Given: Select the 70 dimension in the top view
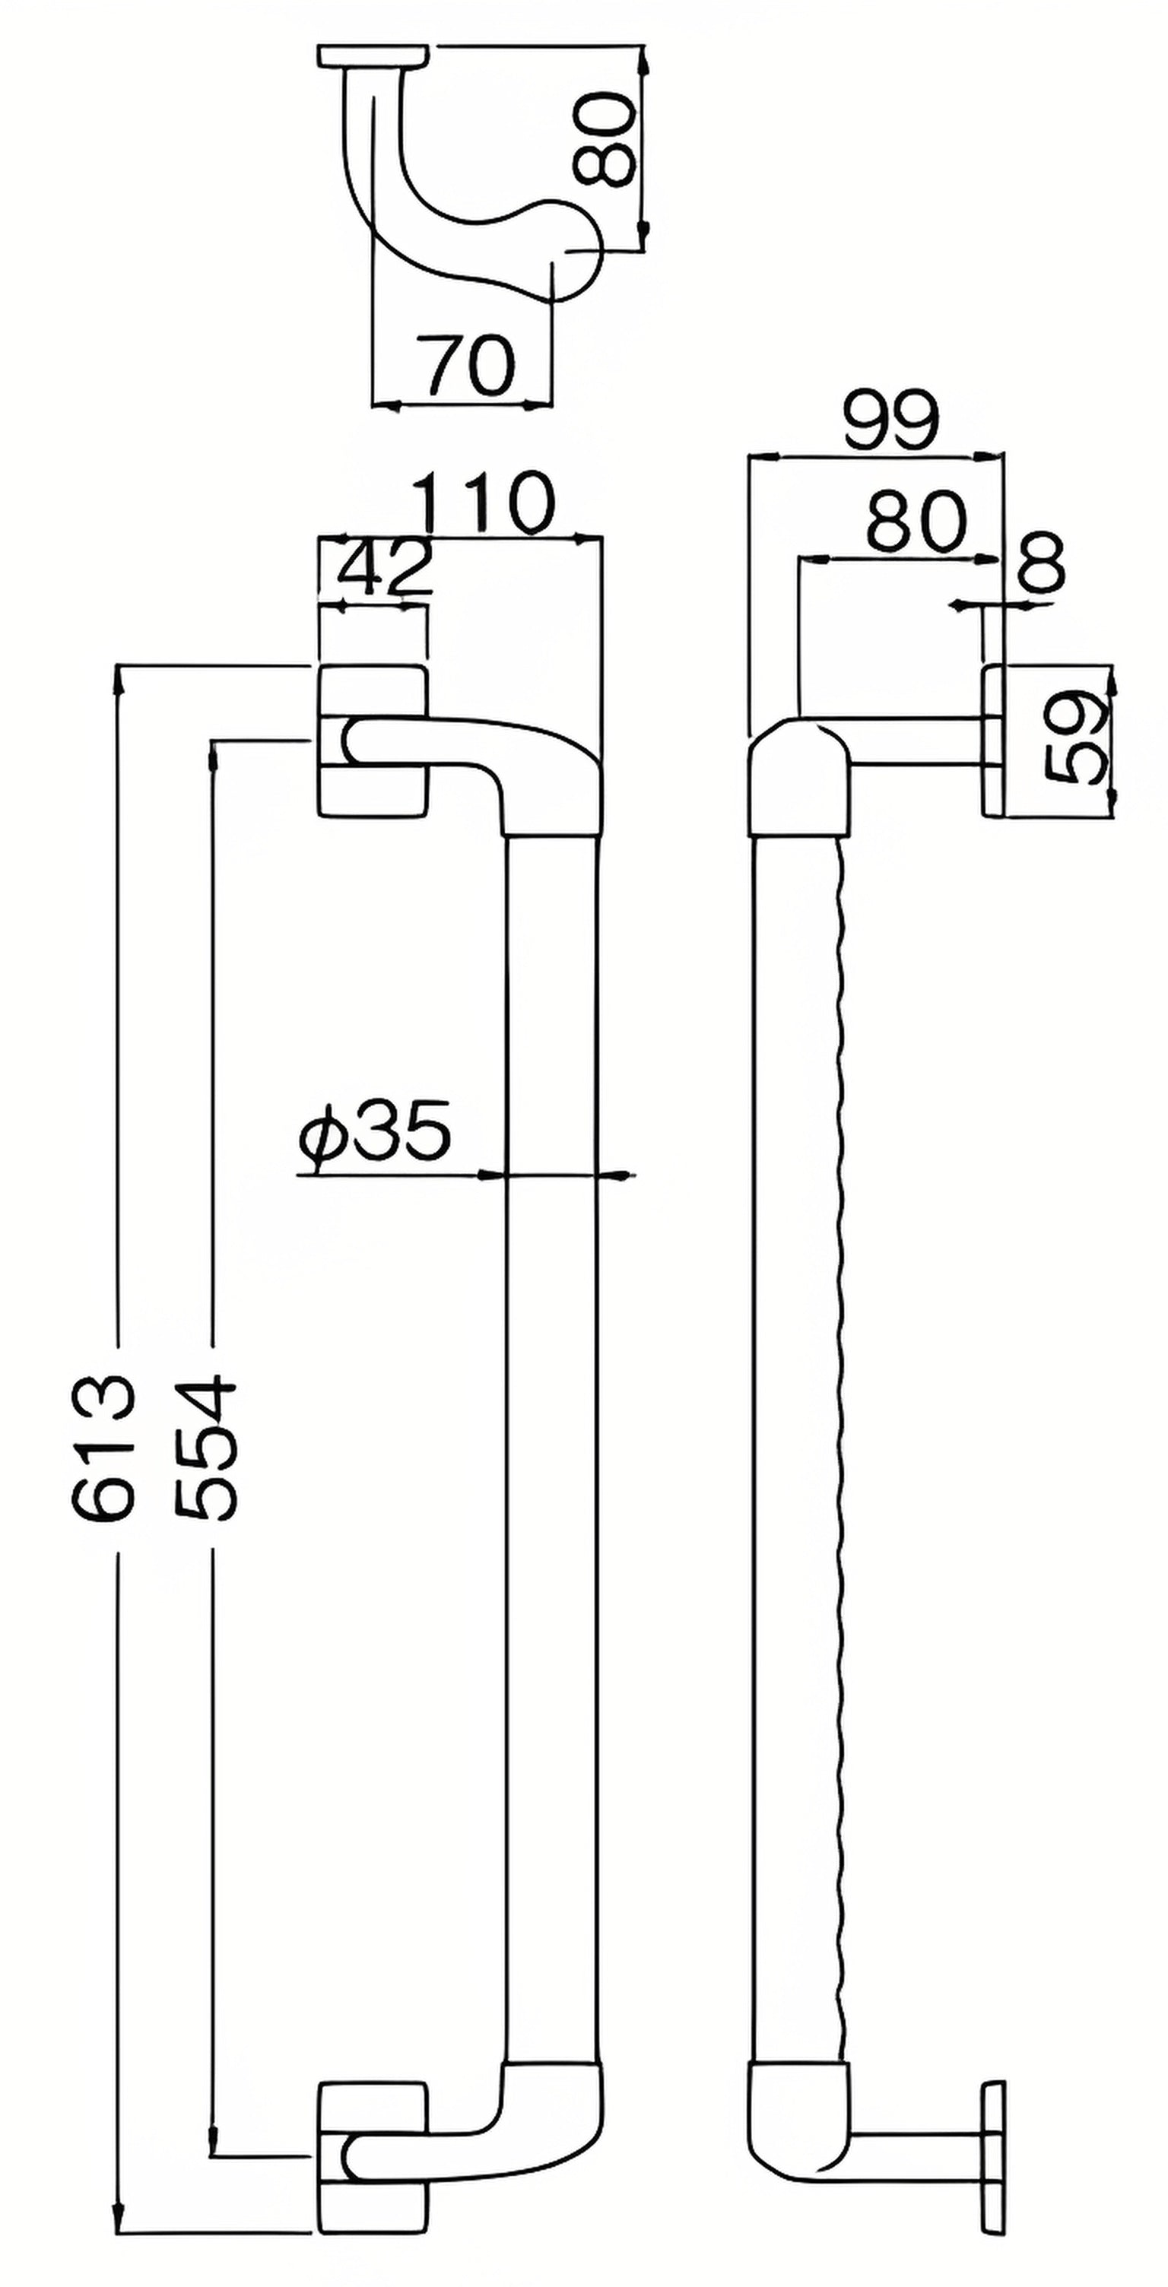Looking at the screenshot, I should click(x=467, y=365).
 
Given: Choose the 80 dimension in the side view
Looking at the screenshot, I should click(x=916, y=521).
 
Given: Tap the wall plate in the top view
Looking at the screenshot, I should click(x=370, y=56).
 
